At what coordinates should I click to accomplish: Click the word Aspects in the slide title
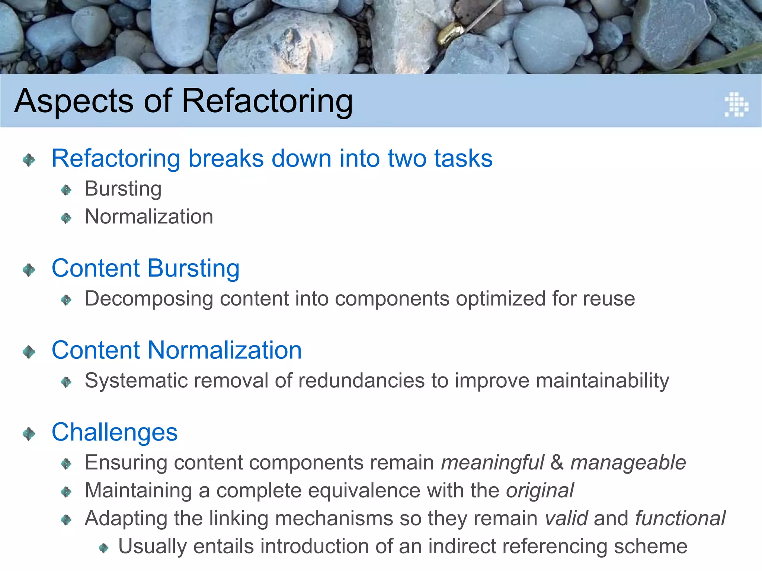[74, 101]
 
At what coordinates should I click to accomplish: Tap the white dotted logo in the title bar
[736, 104]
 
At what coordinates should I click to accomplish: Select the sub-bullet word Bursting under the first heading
[123, 189]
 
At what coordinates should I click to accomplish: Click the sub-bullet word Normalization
[149, 217]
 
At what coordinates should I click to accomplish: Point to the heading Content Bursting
[145, 268]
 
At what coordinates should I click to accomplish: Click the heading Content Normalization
[176, 350]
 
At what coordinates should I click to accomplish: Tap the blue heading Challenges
[115, 432]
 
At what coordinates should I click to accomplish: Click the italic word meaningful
[492, 463]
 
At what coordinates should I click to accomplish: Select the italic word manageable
[628, 463]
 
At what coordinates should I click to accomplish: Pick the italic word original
[540, 491]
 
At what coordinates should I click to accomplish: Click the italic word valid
[566, 519]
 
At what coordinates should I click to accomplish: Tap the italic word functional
[680, 519]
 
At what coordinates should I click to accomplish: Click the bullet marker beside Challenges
[29, 433]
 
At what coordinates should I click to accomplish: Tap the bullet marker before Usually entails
[104, 548]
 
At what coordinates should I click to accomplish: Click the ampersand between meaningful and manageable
[557, 463]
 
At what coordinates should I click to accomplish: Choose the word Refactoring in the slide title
[267, 101]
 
